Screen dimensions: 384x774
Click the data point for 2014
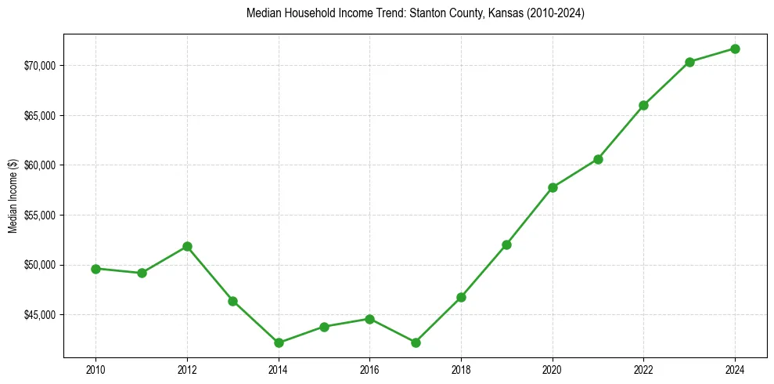pyautogui.click(x=279, y=342)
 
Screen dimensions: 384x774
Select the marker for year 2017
pyautogui.click(x=416, y=342)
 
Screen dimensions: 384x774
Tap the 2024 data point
pyautogui.click(x=736, y=49)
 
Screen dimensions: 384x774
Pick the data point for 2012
pyautogui.click(x=187, y=246)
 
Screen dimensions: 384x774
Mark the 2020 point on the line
pyautogui.click(x=553, y=187)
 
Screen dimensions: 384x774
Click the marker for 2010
pyautogui.click(x=95, y=269)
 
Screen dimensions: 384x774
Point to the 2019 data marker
pyautogui.click(x=507, y=245)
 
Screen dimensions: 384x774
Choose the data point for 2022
pyautogui.click(x=644, y=105)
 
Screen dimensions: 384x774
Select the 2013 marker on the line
pyautogui.click(x=232, y=301)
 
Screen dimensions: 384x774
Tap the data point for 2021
pyautogui.click(x=598, y=159)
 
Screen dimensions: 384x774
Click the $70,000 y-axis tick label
pyautogui.click(x=41, y=66)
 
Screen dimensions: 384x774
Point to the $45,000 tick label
pyautogui.click(x=41, y=315)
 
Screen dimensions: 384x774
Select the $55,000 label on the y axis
pyautogui.click(x=41, y=216)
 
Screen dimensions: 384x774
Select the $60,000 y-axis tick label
pyautogui.click(x=41, y=165)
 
